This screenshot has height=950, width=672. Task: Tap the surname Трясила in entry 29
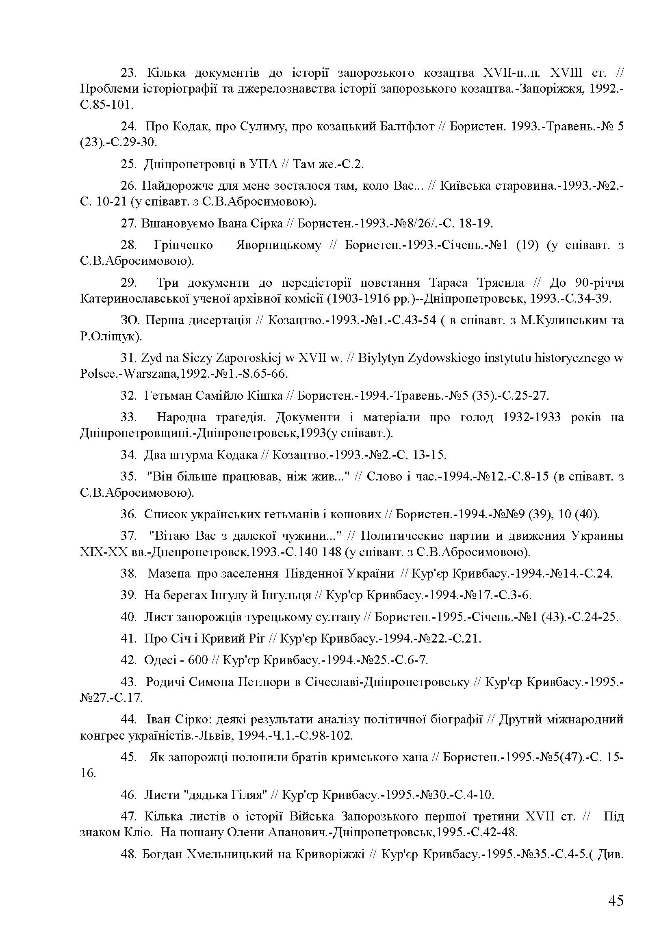[500, 283]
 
